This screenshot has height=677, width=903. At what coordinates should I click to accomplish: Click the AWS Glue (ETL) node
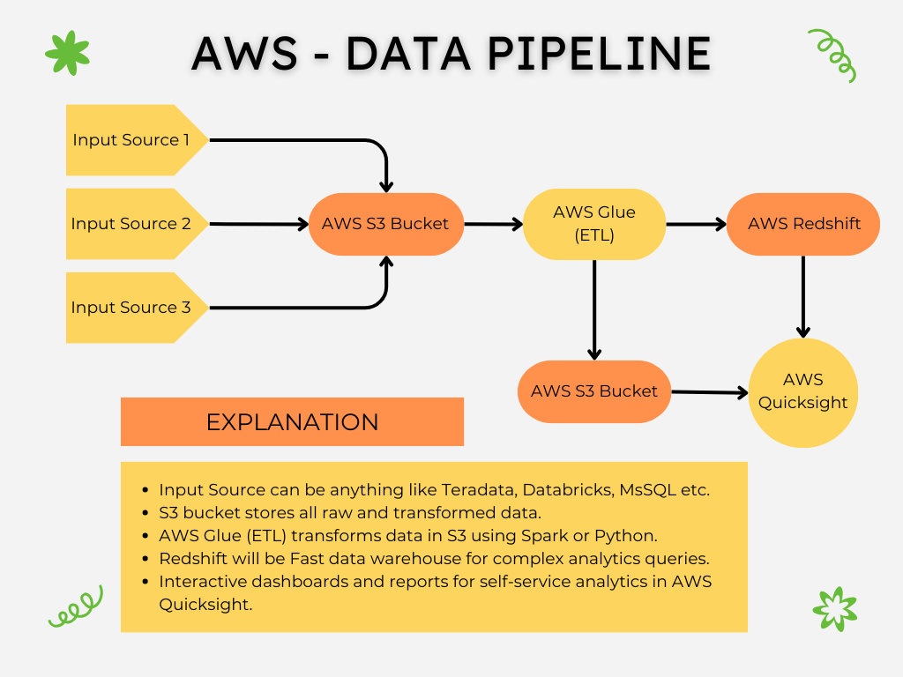click(594, 224)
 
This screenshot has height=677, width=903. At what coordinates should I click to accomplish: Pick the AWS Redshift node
click(803, 224)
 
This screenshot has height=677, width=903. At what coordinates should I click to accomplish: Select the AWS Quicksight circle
click(803, 391)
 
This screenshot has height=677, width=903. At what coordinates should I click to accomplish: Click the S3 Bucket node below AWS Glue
click(594, 391)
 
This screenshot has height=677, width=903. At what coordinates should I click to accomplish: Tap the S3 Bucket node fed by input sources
click(385, 224)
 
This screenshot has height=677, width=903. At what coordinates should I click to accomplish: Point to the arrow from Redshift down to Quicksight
click(803, 295)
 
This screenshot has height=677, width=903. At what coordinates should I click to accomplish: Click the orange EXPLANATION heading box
click(292, 421)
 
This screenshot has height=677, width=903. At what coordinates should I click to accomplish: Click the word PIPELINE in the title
click(599, 55)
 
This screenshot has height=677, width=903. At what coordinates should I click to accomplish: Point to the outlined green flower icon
click(834, 608)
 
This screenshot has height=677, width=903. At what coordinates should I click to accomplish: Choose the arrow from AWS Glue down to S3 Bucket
click(594, 309)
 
